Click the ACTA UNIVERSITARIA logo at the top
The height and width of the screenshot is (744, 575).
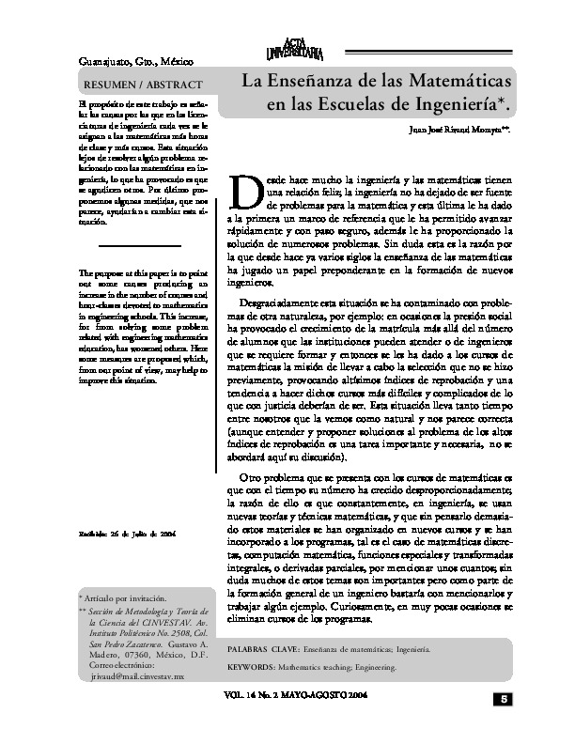tap(300, 46)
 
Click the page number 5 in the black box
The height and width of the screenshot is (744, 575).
tap(503, 699)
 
